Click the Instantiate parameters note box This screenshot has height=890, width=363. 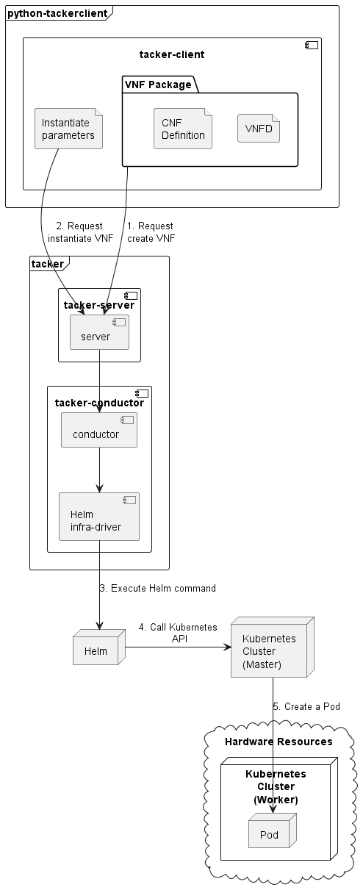pos(68,129)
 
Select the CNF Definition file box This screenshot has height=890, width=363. pos(183,129)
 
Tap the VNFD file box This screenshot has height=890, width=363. pos(259,129)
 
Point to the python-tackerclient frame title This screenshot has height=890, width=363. pos(58,12)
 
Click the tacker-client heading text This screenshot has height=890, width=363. pos(172,54)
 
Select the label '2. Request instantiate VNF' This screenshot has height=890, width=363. pos(80,232)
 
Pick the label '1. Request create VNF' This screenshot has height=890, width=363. pos(151,232)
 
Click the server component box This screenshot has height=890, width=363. pos(99,332)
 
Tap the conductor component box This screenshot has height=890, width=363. pos(99,430)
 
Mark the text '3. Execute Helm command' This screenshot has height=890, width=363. pos(157,588)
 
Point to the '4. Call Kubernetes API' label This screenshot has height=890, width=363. pos(178,633)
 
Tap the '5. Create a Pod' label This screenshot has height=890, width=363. pos(306,706)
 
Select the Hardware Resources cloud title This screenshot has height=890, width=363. pos(278,741)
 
